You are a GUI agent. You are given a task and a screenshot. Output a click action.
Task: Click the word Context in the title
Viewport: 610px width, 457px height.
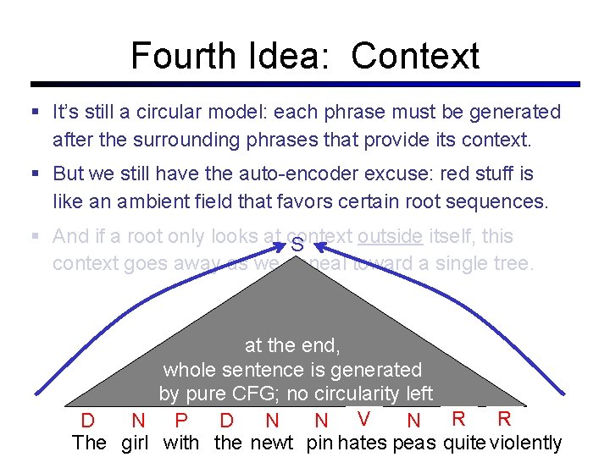(415, 56)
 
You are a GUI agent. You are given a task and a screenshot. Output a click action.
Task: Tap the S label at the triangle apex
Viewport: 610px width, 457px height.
(297, 246)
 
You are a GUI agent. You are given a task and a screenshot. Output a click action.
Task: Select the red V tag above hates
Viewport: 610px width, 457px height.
(363, 418)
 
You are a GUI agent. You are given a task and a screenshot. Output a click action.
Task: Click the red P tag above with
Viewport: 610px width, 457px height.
(180, 421)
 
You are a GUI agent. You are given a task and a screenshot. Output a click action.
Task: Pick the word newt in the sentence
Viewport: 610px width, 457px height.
(272, 442)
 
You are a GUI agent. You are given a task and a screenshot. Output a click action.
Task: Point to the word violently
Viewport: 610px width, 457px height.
(526, 442)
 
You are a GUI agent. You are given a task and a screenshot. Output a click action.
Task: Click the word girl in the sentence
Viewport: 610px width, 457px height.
(135, 442)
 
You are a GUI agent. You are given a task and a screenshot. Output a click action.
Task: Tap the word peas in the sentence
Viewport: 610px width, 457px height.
(414, 442)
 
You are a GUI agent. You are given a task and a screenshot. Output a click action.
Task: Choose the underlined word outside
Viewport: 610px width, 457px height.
(390, 236)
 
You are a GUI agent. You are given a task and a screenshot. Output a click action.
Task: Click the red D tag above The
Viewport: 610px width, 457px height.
(87, 421)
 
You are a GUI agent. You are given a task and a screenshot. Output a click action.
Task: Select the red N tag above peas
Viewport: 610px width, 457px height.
(413, 421)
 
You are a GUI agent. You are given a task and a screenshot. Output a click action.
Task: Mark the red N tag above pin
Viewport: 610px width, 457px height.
(321, 421)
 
